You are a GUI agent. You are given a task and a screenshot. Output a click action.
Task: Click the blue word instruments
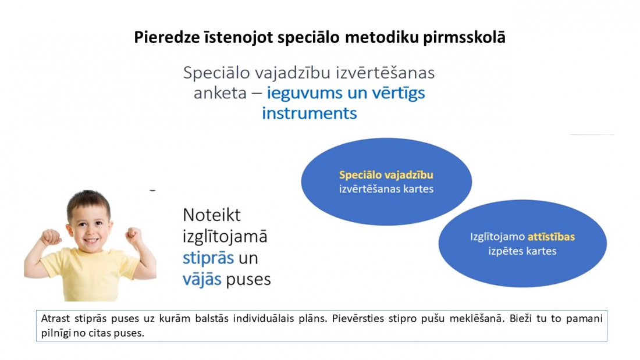[x=310, y=113]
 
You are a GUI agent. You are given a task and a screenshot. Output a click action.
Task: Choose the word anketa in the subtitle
[x=220, y=93]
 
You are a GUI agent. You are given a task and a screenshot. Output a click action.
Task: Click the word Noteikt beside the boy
[x=211, y=215]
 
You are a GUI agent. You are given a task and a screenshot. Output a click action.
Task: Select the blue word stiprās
[x=208, y=258]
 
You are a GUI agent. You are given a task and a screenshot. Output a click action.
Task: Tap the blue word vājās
[x=202, y=279]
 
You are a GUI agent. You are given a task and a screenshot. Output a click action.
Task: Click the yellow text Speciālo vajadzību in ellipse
[x=386, y=175]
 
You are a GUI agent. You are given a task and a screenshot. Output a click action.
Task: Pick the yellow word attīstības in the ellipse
[x=551, y=237]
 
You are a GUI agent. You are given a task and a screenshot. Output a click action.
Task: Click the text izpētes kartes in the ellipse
[x=522, y=251]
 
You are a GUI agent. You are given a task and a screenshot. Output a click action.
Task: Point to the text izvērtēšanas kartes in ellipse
[x=386, y=189]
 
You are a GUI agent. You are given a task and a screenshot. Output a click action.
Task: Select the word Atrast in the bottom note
[x=55, y=318]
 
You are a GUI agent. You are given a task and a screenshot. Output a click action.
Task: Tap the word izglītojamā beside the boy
[x=225, y=237]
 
